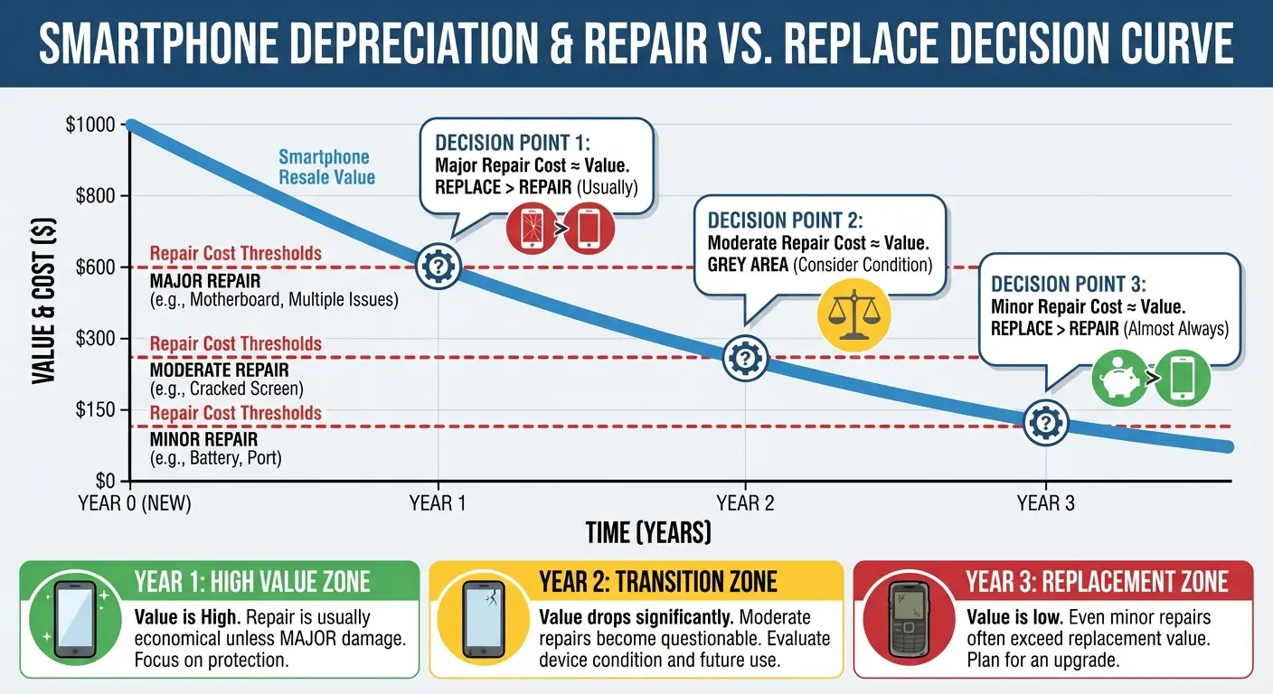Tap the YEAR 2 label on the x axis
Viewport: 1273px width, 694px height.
tap(745, 502)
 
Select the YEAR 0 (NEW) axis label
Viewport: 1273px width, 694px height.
tap(135, 502)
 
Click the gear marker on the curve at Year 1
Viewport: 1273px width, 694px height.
tap(438, 266)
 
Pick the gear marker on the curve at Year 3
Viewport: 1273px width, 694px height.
tap(1046, 422)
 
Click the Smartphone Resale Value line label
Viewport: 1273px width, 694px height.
tap(326, 167)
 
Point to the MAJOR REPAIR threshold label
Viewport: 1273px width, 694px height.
tap(206, 280)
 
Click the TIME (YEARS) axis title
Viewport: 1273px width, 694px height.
tap(647, 532)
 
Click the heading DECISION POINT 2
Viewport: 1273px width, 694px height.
tap(785, 221)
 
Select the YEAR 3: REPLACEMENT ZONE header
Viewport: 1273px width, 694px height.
tap(1096, 581)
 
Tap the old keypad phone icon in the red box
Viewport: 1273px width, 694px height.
tap(907, 620)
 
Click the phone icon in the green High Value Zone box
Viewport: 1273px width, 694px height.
tap(75, 620)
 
